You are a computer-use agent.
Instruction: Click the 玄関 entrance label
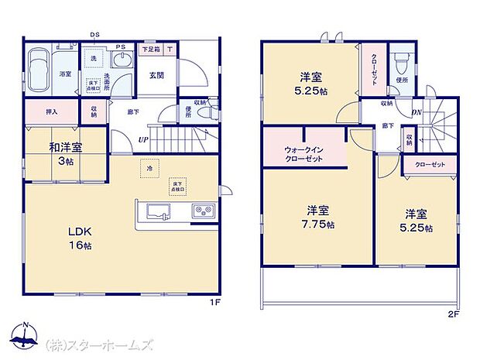[157, 75]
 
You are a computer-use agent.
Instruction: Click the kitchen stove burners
[204, 210]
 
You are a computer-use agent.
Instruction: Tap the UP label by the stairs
[143, 140]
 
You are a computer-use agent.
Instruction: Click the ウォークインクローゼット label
[303, 153]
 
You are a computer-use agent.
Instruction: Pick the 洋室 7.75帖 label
[319, 217]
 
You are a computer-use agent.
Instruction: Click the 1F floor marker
[215, 302]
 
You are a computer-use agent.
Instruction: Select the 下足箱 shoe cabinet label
[151, 49]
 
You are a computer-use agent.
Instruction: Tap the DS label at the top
[94, 35]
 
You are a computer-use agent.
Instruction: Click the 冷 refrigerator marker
[146, 167]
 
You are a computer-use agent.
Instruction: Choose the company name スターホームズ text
[101, 345]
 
